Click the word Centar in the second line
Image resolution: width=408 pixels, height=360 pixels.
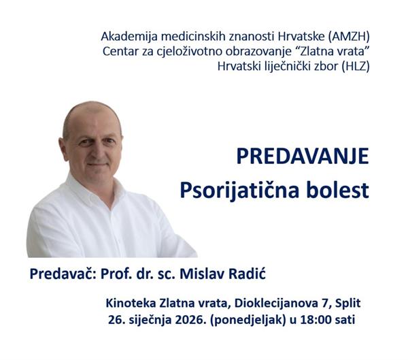coord(120,50)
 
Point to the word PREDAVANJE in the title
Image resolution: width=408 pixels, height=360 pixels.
coord(302,156)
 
